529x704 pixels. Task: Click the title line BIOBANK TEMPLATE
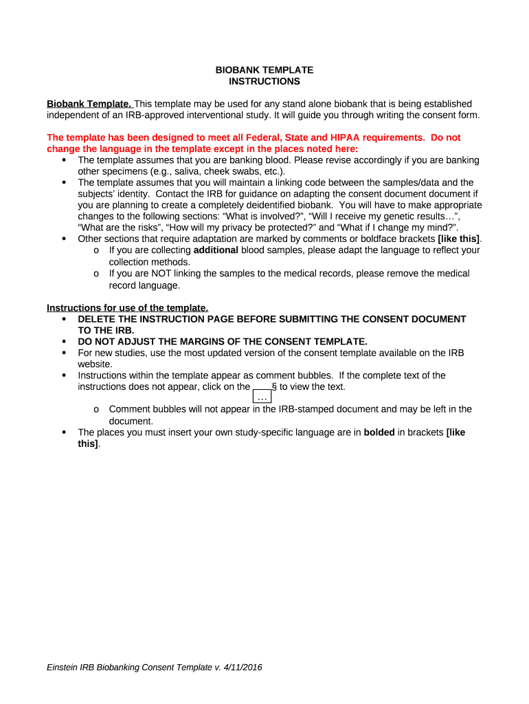[264, 70]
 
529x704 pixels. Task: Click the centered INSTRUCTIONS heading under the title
[264, 81]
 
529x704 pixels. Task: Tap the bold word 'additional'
[216, 250]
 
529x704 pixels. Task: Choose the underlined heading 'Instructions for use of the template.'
[127, 307]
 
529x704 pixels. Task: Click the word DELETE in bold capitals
[97, 319]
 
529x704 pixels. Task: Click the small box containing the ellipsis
[262, 397]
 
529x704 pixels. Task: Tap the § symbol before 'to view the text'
[274, 386]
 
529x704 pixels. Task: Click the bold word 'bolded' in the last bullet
[379, 432]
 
